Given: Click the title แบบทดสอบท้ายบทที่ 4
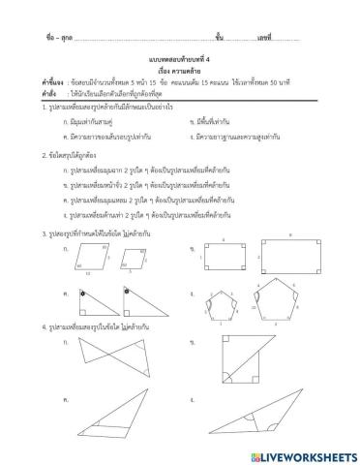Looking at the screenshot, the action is [x=180, y=58].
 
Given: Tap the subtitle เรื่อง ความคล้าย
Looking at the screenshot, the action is [x=180, y=70].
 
